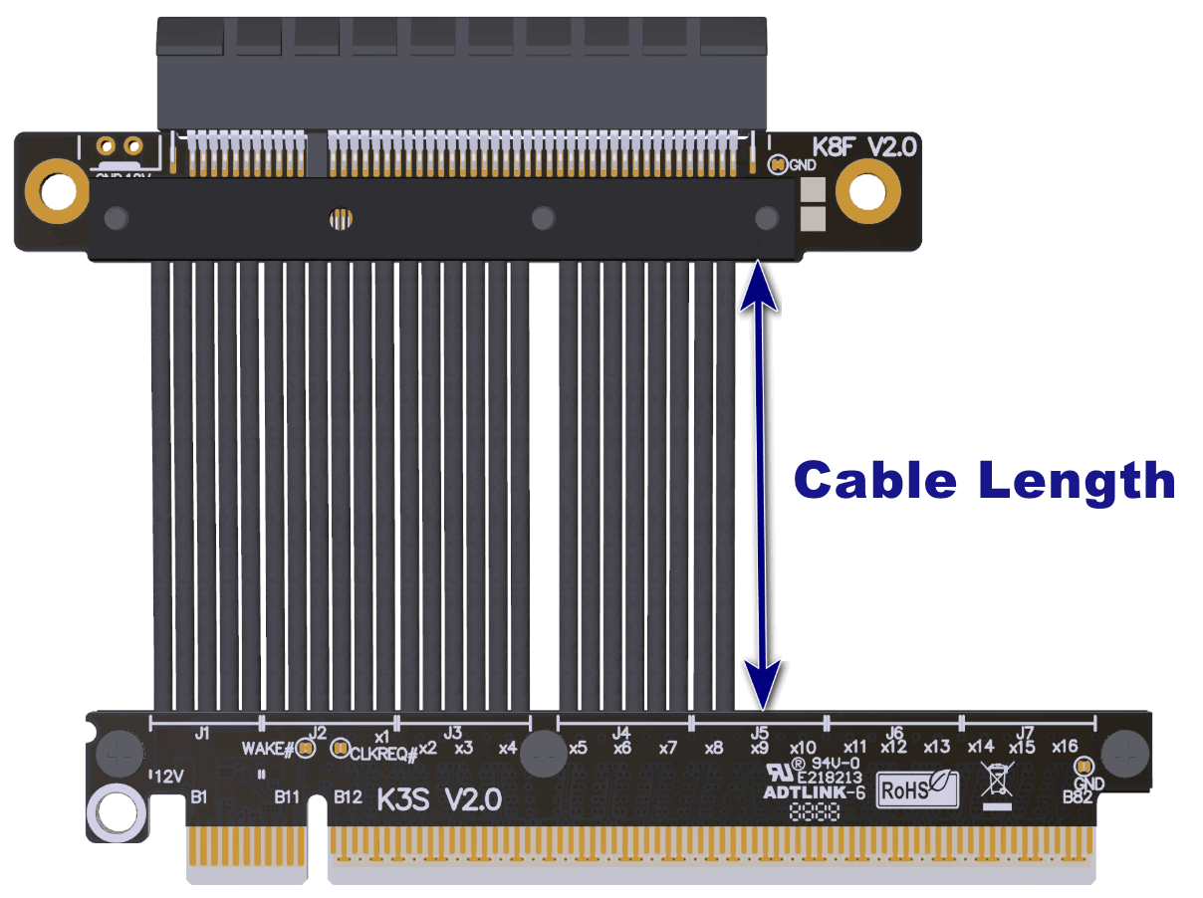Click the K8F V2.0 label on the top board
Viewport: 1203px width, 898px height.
863,148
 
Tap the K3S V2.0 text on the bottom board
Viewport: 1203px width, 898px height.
438,799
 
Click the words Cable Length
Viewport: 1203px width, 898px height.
984,480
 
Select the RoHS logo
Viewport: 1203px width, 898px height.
916,789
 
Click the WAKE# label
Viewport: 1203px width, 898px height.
267,747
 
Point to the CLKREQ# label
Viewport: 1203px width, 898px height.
382,754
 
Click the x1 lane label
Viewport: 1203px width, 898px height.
381,737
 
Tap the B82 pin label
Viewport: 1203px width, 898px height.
1077,797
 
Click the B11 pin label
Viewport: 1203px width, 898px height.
289,796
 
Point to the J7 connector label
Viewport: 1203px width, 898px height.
1026,731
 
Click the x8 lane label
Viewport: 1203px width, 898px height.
713,748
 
